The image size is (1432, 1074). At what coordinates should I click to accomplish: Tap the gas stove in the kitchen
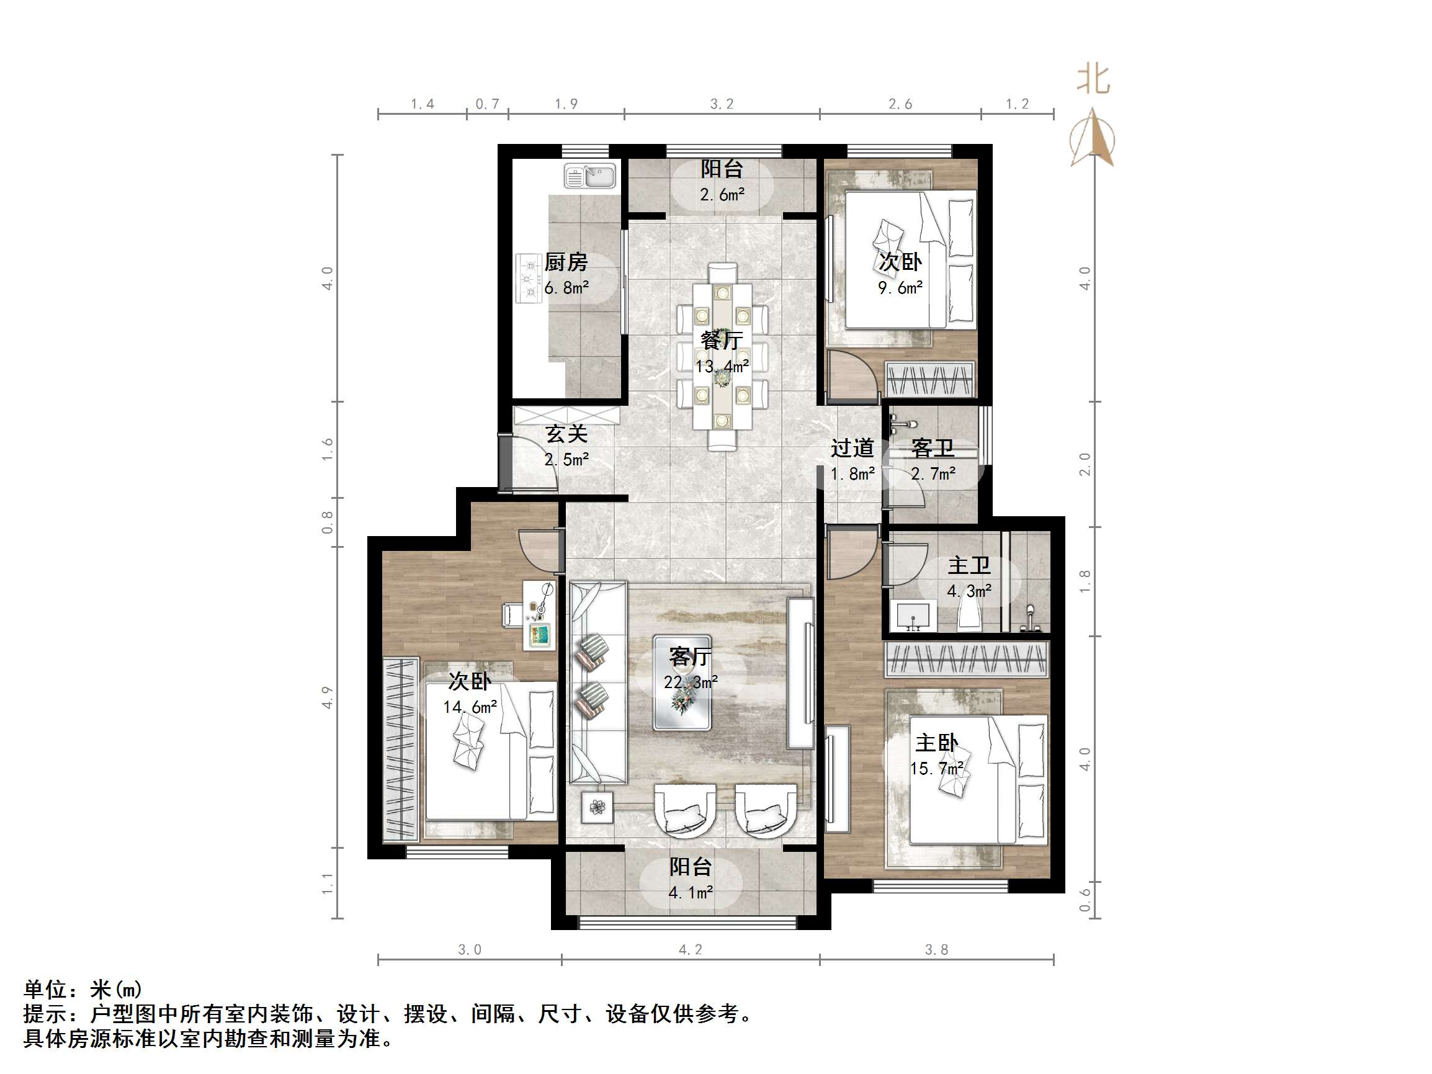pos(528,279)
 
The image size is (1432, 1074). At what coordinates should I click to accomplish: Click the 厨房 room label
pos(566,262)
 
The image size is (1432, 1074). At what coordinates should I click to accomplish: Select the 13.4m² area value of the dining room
pos(722,367)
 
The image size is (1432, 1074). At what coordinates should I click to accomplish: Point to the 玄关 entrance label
pos(566,434)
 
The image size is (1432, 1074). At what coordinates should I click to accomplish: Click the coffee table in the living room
pos(682,682)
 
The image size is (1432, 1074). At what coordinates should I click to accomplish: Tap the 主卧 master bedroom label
pos(936,743)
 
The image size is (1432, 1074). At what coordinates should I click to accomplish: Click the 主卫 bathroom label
pos(969,565)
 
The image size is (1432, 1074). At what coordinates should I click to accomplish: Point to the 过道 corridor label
pos(852,447)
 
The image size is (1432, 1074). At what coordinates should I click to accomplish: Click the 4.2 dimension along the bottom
pos(690,950)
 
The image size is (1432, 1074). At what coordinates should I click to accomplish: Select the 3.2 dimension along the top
pos(721,104)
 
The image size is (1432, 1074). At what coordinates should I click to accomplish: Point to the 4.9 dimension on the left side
pos(328,697)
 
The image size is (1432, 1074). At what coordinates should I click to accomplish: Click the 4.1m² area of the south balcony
pos(690,893)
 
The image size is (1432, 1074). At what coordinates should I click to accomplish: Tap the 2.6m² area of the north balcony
pos(722,194)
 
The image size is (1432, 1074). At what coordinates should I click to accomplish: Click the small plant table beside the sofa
pos(597,807)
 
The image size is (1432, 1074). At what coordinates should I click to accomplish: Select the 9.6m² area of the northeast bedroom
pos(900,288)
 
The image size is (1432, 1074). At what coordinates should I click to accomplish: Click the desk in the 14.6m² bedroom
pos(539,615)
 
